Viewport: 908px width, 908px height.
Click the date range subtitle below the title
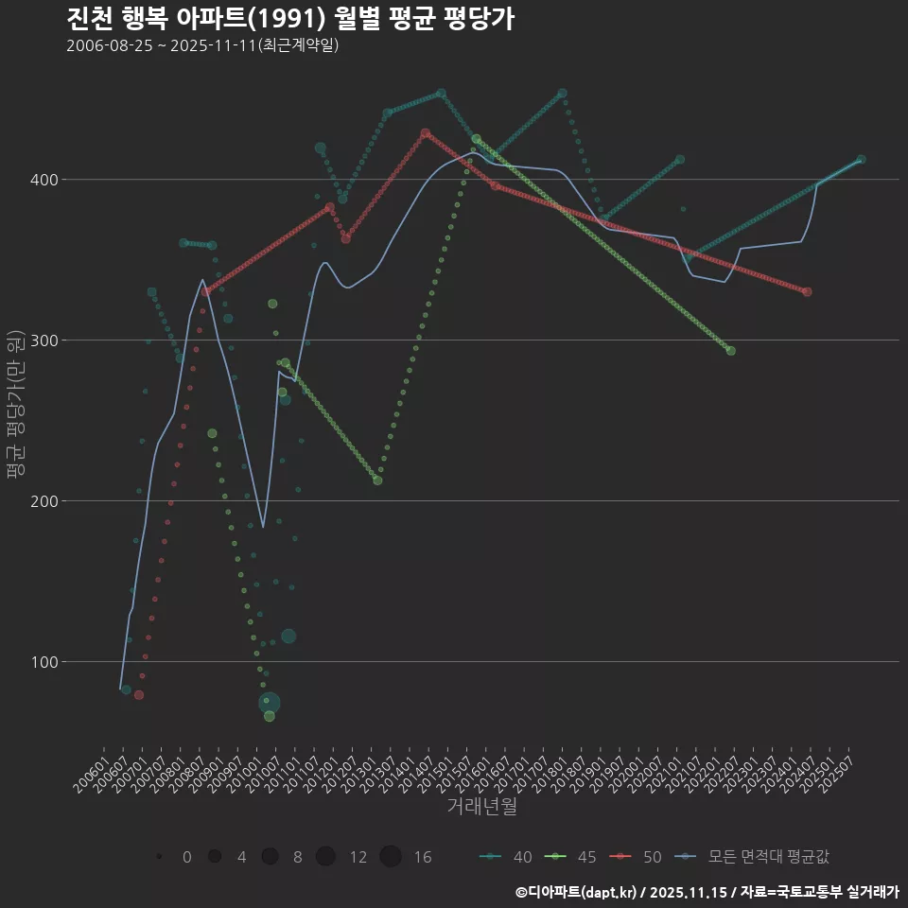pos(202,46)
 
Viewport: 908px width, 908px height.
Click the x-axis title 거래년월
pos(481,807)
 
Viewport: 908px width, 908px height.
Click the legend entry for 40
pos(505,857)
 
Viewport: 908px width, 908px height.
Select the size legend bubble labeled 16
pos(391,857)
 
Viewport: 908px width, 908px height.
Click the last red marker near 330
pos(807,292)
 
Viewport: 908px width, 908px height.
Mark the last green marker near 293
pos(730,351)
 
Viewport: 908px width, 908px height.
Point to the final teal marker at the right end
pos(861,160)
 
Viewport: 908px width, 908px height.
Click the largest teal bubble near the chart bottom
pos(270,703)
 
